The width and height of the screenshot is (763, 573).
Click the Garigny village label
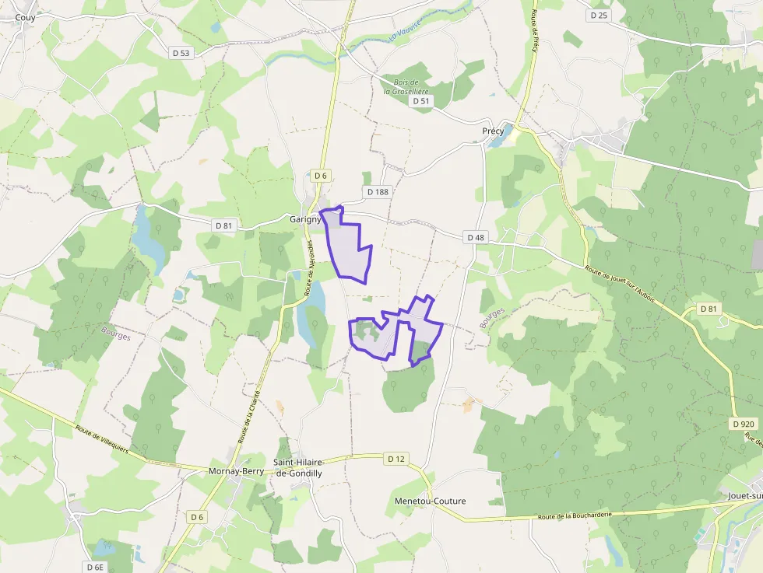305,219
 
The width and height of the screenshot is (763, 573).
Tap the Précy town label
493,131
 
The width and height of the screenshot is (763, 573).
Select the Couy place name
25,16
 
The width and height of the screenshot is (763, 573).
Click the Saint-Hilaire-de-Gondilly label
297,466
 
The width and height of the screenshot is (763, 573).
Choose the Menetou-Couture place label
430,501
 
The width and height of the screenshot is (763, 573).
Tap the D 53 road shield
180,53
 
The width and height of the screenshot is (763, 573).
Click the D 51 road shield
420,101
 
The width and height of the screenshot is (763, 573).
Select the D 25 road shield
599,16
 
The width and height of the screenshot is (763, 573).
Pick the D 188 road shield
376,192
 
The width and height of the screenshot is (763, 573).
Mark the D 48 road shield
476,237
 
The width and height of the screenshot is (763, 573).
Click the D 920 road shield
744,424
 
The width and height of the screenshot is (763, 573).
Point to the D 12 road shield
396,459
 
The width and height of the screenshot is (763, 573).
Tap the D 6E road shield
95,567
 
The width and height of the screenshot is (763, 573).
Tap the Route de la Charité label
249,418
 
